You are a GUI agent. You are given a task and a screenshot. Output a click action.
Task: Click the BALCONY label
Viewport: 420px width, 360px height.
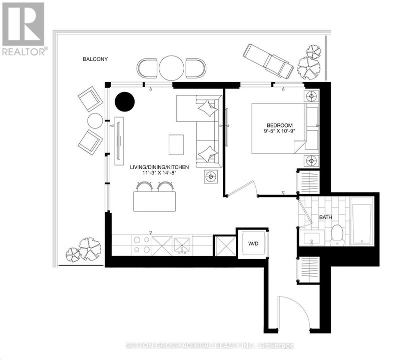click(95, 59)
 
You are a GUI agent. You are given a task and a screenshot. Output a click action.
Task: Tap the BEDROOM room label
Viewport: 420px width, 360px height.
click(279, 125)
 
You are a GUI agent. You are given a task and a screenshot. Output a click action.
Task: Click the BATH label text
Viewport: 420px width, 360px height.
click(326, 217)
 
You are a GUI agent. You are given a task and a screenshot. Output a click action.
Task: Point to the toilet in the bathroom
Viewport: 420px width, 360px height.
click(337, 234)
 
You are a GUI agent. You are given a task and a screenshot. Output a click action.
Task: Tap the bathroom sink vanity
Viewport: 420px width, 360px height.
click(312, 238)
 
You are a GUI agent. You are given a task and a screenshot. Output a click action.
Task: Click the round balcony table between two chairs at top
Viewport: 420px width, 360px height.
click(172, 67)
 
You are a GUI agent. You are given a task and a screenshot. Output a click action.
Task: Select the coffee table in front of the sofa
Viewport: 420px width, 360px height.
click(176, 145)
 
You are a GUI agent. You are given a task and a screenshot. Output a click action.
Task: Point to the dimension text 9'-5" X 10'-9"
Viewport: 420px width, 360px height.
click(279, 133)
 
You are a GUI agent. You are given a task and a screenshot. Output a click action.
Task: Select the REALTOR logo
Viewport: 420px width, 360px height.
click(24, 29)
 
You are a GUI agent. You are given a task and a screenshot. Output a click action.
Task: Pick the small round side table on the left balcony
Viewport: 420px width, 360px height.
click(95, 120)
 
